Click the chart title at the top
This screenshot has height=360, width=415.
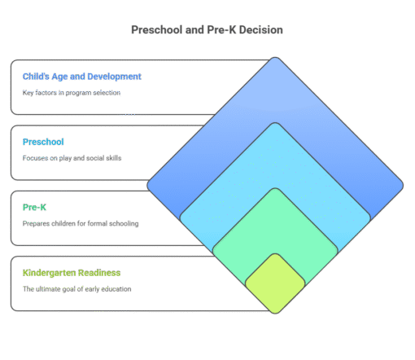pos(207,30)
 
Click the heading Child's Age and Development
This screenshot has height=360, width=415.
pos(81,77)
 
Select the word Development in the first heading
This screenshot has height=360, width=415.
pos(114,77)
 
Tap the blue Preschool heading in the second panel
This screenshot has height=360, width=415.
pos(43,142)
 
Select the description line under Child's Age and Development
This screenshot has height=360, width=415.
pos(72,92)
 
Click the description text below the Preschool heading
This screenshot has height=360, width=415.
pos(72,157)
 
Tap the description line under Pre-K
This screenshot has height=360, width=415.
pos(81,222)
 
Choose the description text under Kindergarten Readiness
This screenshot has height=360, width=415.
pos(77,288)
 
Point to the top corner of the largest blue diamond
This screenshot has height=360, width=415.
pos(275,59)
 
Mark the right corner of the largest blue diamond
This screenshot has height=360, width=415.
pos(401,186)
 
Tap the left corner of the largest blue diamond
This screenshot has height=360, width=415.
pos(149,186)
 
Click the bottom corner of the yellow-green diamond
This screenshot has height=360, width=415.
pos(275,312)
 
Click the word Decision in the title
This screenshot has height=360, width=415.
pos(260,30)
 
